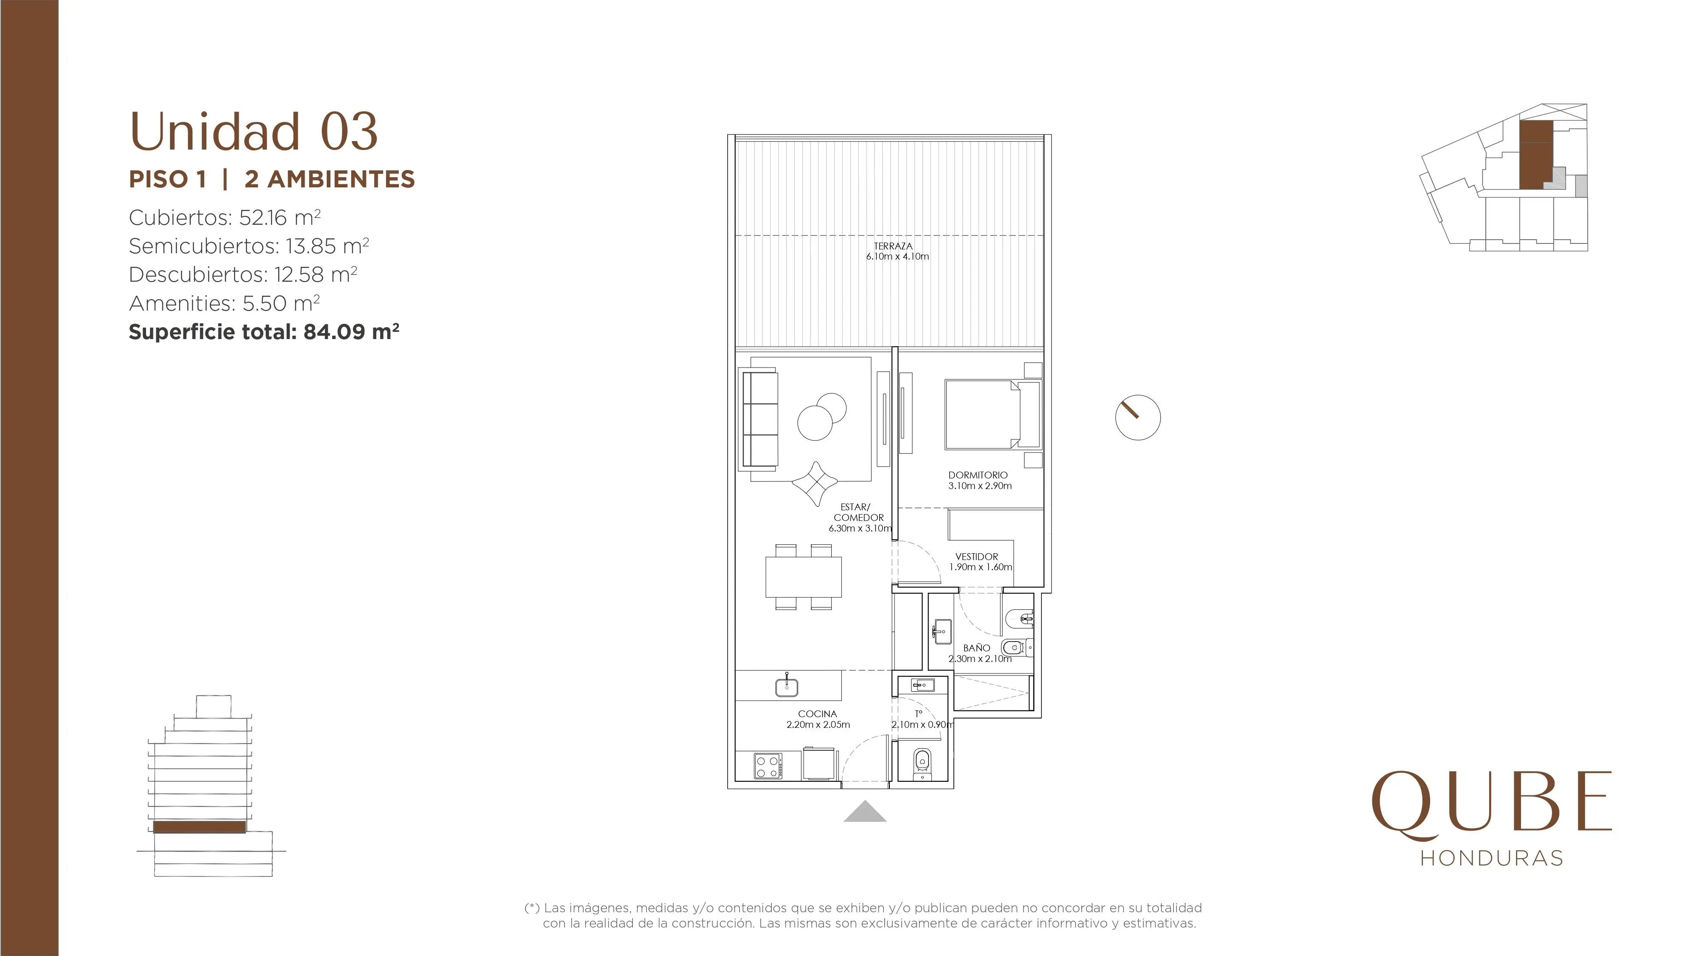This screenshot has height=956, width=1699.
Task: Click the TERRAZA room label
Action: point(893,246)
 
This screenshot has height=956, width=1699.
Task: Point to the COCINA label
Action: point(817,714)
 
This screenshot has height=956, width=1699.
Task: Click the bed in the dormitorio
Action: point(993,414)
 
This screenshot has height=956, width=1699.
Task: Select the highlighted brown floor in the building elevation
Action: point(199,827)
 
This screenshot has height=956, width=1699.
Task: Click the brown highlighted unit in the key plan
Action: point(1535,155)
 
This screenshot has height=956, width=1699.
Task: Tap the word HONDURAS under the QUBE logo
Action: point(1492,858)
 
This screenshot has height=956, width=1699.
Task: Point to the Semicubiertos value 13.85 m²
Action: point(327,246)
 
